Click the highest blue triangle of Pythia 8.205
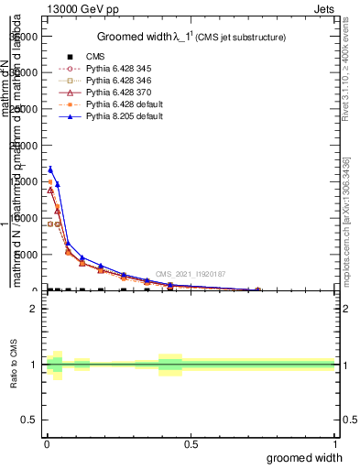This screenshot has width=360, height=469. pyautogui.click(x=50, y=169)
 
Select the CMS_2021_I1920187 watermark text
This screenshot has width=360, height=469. pyautogui.click(x=190, y=274)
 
